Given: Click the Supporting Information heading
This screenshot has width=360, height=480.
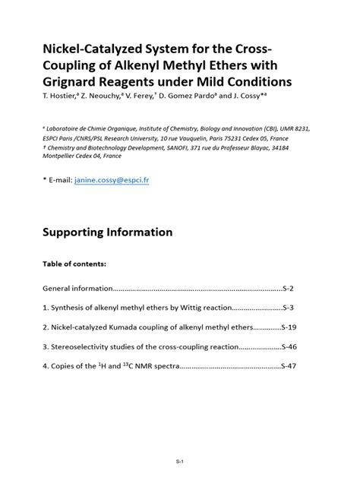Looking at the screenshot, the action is (107, 232).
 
